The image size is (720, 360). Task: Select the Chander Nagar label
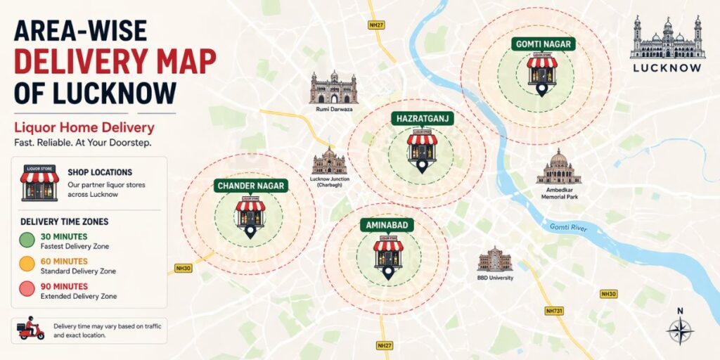point(251,186)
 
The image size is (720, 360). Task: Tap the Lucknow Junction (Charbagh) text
point(330,182)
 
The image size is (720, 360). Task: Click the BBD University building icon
point(495,260)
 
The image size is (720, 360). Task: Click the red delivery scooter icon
point(32,329)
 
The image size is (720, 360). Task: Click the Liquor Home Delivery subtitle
point(84,128)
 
